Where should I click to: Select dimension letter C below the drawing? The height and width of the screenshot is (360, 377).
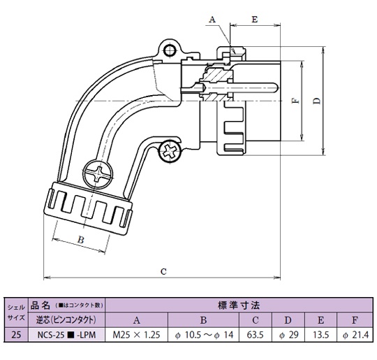click(163, 271)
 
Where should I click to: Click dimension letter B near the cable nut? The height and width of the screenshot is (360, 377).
click(80, 240)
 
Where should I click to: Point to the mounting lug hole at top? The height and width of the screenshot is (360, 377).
click(168, 49)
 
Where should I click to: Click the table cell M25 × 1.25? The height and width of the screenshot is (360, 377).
click(137, 335)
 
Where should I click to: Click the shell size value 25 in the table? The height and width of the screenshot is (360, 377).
click(15, 335)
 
